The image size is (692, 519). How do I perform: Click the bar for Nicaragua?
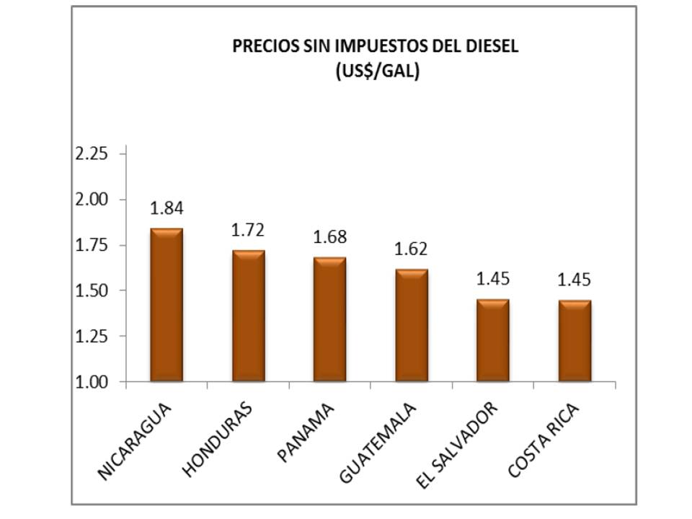166,305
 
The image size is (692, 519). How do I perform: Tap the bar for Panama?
329,319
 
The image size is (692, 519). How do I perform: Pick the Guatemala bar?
411,325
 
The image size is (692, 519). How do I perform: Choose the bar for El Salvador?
492,340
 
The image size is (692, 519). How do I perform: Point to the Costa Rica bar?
575,340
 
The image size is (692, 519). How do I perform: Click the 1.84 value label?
167,208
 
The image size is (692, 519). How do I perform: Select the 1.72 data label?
248,231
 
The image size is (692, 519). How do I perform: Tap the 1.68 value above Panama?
329,236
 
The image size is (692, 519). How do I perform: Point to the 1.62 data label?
411,249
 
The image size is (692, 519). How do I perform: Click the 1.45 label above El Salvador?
492,279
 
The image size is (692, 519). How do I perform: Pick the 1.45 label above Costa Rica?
575,279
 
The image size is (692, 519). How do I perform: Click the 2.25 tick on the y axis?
91,154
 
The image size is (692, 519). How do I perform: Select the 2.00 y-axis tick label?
91,200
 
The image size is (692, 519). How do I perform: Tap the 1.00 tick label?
91,382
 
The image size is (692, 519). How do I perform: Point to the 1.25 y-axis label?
91,337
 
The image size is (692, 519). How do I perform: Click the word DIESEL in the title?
494,47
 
